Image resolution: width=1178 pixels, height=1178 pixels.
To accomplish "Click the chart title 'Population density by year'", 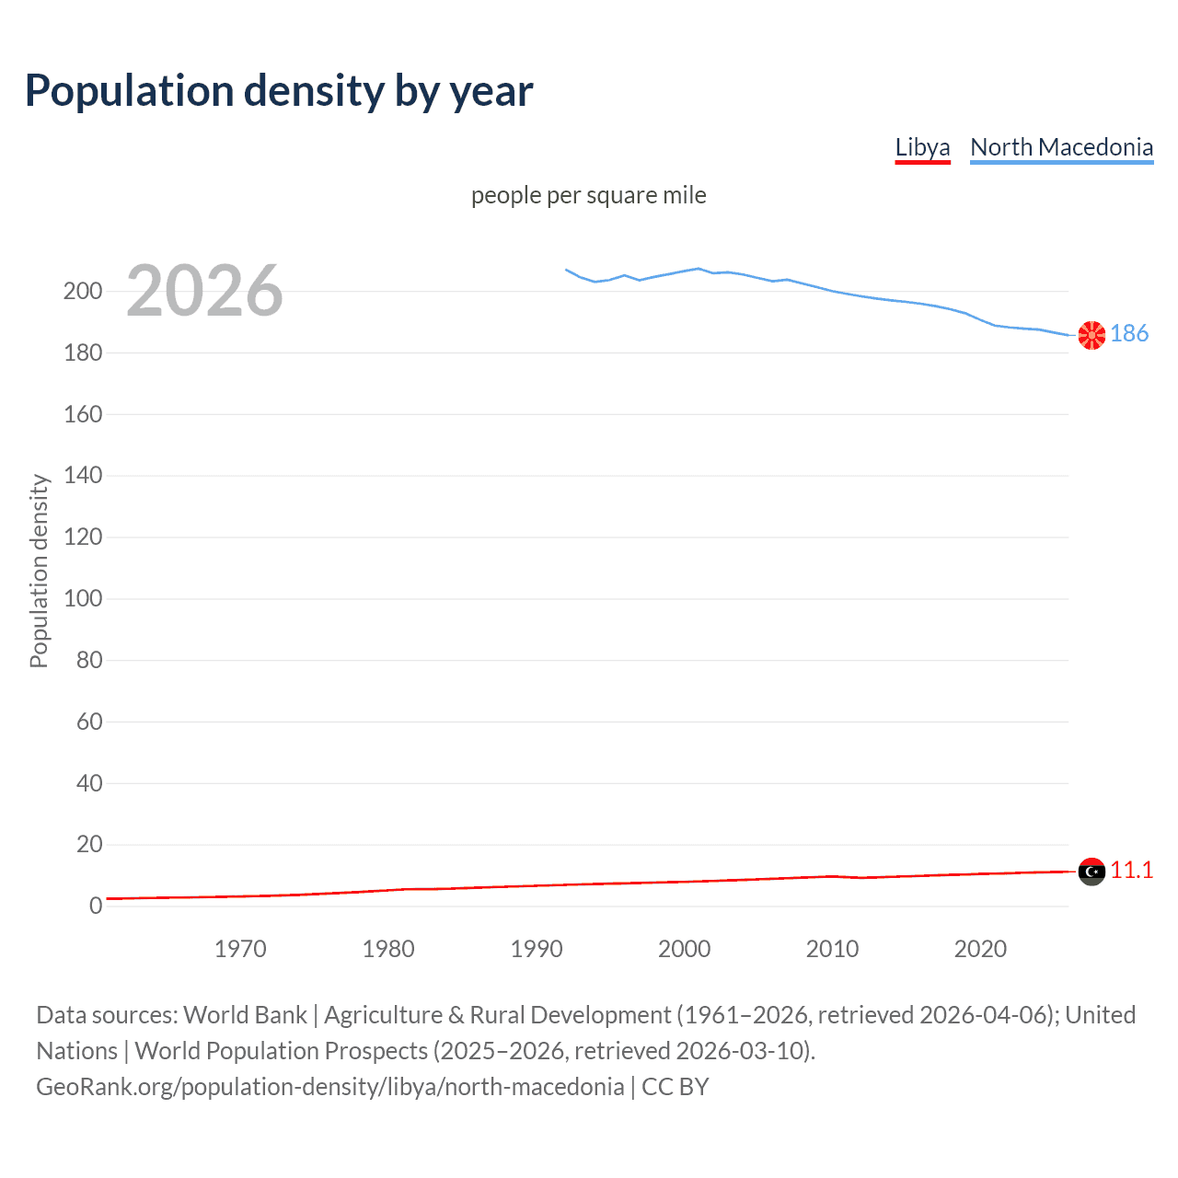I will click(x=279, y=91).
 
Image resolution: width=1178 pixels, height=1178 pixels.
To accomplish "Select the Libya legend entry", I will click(x=922, y=147).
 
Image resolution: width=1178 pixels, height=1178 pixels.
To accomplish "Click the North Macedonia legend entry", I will click(x=1061, y=147).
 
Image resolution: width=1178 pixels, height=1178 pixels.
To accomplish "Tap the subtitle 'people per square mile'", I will click(x=589, y=196).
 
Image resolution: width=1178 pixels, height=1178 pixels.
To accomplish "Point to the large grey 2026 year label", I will click(x=204, y=291).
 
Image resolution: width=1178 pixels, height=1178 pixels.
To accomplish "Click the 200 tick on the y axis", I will click(x=83, y=292).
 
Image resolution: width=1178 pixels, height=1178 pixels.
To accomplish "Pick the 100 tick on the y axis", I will click(x=83, y=599).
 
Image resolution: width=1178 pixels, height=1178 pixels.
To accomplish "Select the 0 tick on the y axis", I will click(x=96, y=907).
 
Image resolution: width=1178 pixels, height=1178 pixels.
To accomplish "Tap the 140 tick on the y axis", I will click(x=83, y=476).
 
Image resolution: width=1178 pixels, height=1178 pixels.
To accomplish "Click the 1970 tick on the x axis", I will click(x=240, y=949).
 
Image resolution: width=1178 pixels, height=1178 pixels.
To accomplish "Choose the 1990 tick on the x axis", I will click(x=537, y=949).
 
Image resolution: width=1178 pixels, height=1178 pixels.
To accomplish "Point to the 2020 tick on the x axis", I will click(x=980, y=949).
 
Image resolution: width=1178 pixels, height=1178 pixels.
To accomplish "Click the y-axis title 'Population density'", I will click(x=39, y=571).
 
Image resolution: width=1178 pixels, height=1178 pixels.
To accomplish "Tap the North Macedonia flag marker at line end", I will click(x=1091, y=336).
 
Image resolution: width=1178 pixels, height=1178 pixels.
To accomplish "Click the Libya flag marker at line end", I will click(x=1091, y=872).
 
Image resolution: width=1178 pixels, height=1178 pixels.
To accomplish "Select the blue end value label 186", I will click(x=1129, y=334).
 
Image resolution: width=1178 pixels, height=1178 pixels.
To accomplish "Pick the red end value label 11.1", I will click(x=1131, y=871).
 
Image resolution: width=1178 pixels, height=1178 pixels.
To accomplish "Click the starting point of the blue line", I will click(x=566, y=270).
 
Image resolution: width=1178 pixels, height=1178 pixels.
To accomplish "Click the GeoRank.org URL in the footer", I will click(x=329, y=1087).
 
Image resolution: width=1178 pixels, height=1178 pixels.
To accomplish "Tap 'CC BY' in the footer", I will click(x=676, y=1087).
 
